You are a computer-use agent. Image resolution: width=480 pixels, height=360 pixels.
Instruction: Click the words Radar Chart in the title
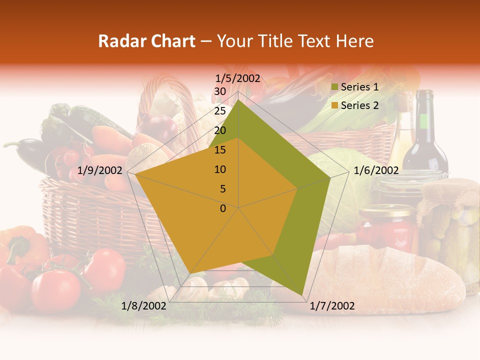pos(146,41)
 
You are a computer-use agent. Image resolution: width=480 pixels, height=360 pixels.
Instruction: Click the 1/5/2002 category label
pos(237,78)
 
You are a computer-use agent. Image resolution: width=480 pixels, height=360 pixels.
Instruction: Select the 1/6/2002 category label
pos(376,170)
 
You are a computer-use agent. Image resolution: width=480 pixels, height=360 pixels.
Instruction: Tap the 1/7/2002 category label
pos(332,306)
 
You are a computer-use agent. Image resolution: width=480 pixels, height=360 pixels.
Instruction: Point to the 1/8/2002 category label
pos(144,306)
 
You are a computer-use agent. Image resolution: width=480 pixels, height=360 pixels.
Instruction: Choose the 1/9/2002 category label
pos(100,170)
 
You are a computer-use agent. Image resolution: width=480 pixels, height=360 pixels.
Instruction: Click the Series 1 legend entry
pos(359,87)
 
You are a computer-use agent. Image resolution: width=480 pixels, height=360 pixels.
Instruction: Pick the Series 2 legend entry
pos(359,105)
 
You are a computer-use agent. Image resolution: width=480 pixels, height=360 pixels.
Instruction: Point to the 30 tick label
pos(219,91)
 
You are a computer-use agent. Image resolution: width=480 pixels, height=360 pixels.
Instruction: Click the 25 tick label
pos(219,111)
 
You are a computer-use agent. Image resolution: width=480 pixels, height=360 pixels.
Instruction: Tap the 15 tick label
pos(219,150)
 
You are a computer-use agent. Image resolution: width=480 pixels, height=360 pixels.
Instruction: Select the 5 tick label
pos(222,189)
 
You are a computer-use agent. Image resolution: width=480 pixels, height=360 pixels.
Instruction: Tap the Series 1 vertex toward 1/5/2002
pos(238,100)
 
